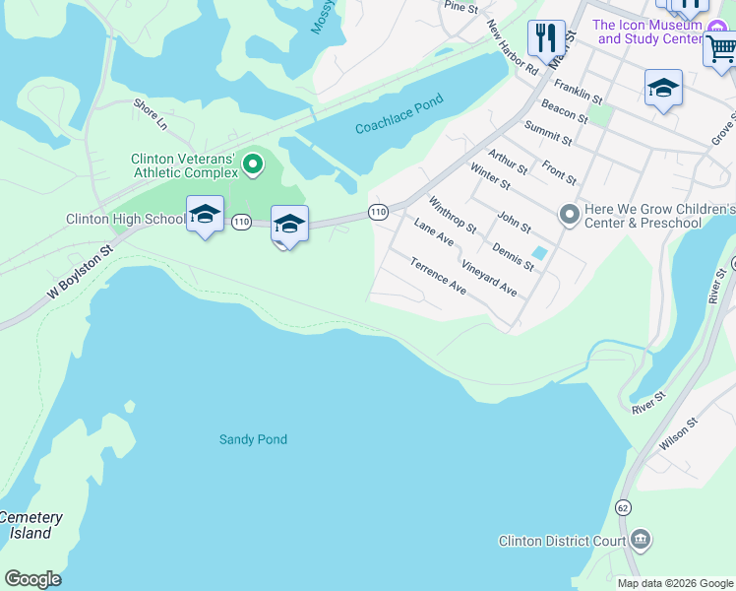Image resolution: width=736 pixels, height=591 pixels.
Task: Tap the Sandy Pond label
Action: click(x=253, y=439)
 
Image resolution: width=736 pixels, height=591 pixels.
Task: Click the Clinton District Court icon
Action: click(x=641, y=540)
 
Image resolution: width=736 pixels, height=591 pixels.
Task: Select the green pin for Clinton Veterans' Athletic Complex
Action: click(x=253, y=164)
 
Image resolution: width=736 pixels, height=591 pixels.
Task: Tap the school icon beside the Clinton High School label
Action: click(x=205, y=215)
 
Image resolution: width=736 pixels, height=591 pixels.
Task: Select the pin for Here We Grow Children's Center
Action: click(x=569, y=214)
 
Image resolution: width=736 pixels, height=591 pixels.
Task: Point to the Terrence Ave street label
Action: click(x=439, y=276)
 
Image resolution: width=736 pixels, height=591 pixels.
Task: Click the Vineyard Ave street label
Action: click(x=489, y=279)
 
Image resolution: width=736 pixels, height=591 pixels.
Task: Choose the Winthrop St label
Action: click(x=453, y=214)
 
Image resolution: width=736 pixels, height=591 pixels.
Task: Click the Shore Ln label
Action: click(x=151, y=114)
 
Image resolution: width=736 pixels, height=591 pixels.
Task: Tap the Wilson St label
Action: click(x=679, y=433)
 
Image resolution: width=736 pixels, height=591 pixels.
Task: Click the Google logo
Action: click(x=32, y=579)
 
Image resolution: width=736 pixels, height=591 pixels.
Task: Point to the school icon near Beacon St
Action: click(x=663, y=89)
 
